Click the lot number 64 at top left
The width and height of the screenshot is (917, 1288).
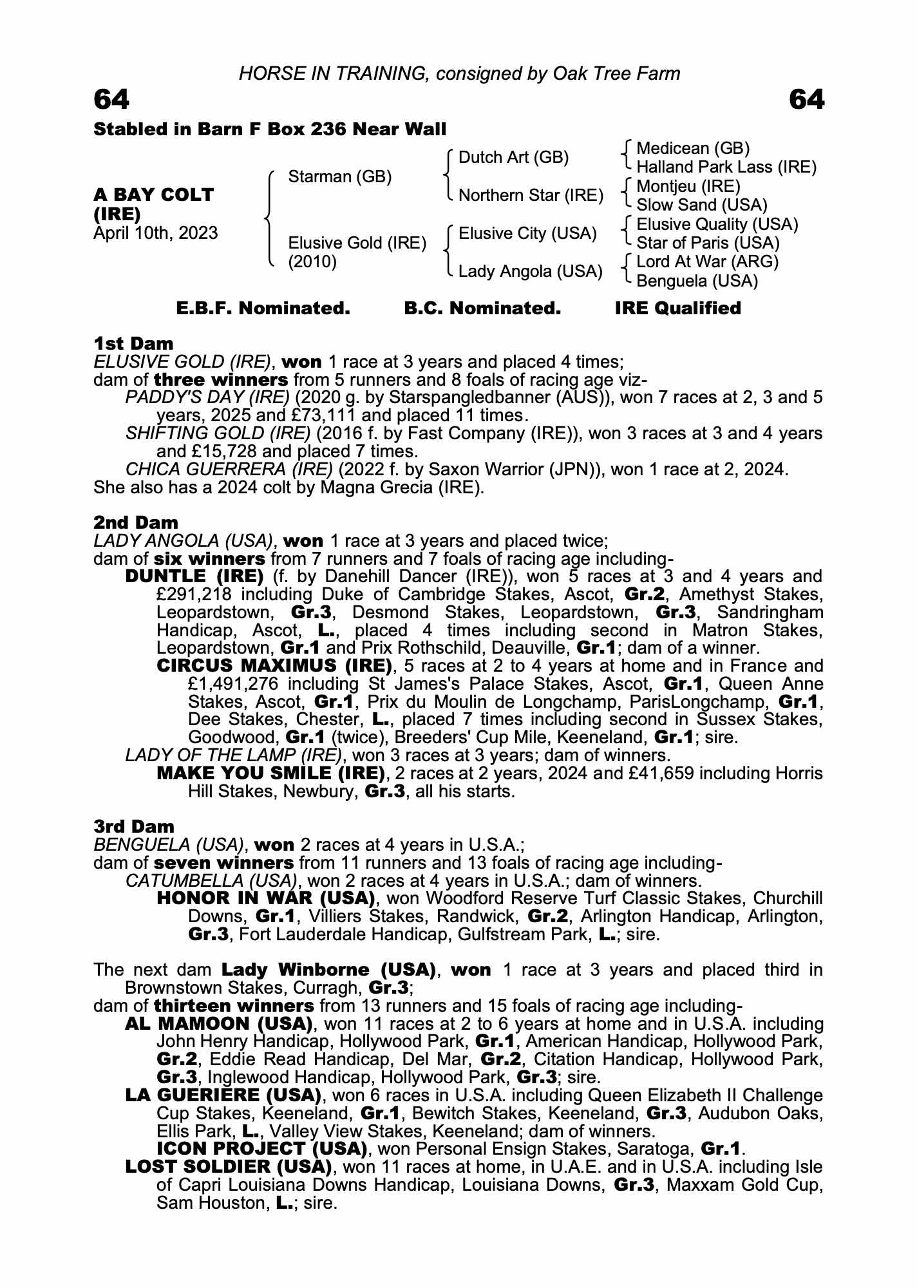point(111,100)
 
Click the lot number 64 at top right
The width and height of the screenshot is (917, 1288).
point(806,100)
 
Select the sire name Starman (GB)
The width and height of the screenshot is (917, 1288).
point(340,176)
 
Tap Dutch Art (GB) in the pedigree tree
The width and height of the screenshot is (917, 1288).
point(513,158)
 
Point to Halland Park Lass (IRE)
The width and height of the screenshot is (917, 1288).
point(726,167)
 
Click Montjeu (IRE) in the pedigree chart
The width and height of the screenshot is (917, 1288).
point(688,187)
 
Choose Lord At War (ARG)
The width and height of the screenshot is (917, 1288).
point(707,262)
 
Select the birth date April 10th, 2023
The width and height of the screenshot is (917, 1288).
point(155,232)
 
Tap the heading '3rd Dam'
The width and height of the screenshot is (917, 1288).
point(134,826)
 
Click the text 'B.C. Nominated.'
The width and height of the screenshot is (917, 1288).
point(482,308)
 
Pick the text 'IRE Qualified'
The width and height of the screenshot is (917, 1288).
point(677,308)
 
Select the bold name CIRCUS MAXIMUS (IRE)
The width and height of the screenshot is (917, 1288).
point(274,665)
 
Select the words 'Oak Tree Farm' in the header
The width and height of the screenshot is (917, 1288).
point(616,73)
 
